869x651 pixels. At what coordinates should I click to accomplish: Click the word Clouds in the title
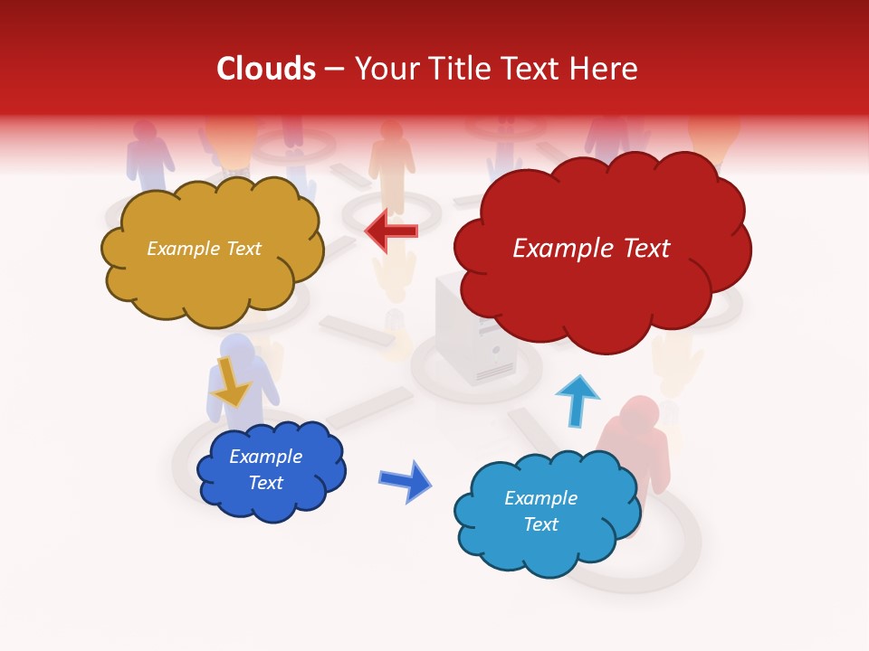266,69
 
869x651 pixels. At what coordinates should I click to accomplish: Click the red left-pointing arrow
391,232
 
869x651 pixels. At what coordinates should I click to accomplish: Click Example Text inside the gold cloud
204,249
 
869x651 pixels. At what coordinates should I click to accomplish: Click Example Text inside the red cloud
591,249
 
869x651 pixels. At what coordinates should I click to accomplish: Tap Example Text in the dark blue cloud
265,469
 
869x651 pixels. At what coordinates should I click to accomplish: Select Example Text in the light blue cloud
540,511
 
